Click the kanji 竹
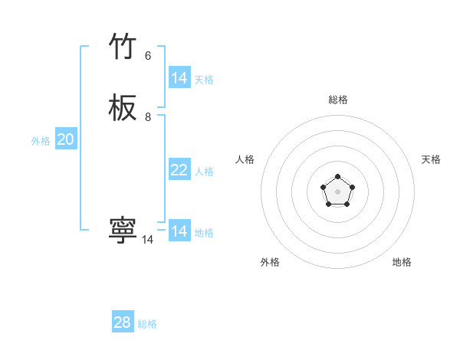123,48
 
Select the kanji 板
123,109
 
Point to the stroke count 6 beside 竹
148,56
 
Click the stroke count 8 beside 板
148,117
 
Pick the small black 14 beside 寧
148,240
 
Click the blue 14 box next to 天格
179,78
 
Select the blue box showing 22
179,170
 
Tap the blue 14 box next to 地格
179,231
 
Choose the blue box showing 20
66,139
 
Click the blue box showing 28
123,322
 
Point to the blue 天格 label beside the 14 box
204,80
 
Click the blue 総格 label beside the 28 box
147,324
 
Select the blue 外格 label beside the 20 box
41,141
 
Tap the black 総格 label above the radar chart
338,100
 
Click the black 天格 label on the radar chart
431,159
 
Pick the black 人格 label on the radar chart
245,159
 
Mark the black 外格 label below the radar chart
270,263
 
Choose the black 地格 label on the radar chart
402,263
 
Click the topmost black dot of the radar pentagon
338,177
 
